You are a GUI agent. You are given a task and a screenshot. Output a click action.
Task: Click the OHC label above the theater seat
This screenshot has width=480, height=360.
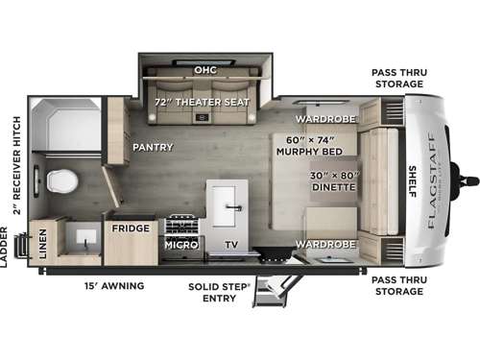204,70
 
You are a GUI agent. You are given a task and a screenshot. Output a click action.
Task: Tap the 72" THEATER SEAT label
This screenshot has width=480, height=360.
203,102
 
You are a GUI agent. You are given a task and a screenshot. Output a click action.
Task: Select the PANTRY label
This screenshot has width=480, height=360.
152,148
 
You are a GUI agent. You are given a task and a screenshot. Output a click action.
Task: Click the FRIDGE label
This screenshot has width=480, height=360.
130,228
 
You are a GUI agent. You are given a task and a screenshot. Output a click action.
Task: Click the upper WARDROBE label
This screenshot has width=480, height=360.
325,119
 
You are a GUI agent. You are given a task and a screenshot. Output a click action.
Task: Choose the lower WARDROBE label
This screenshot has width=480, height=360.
325,244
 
